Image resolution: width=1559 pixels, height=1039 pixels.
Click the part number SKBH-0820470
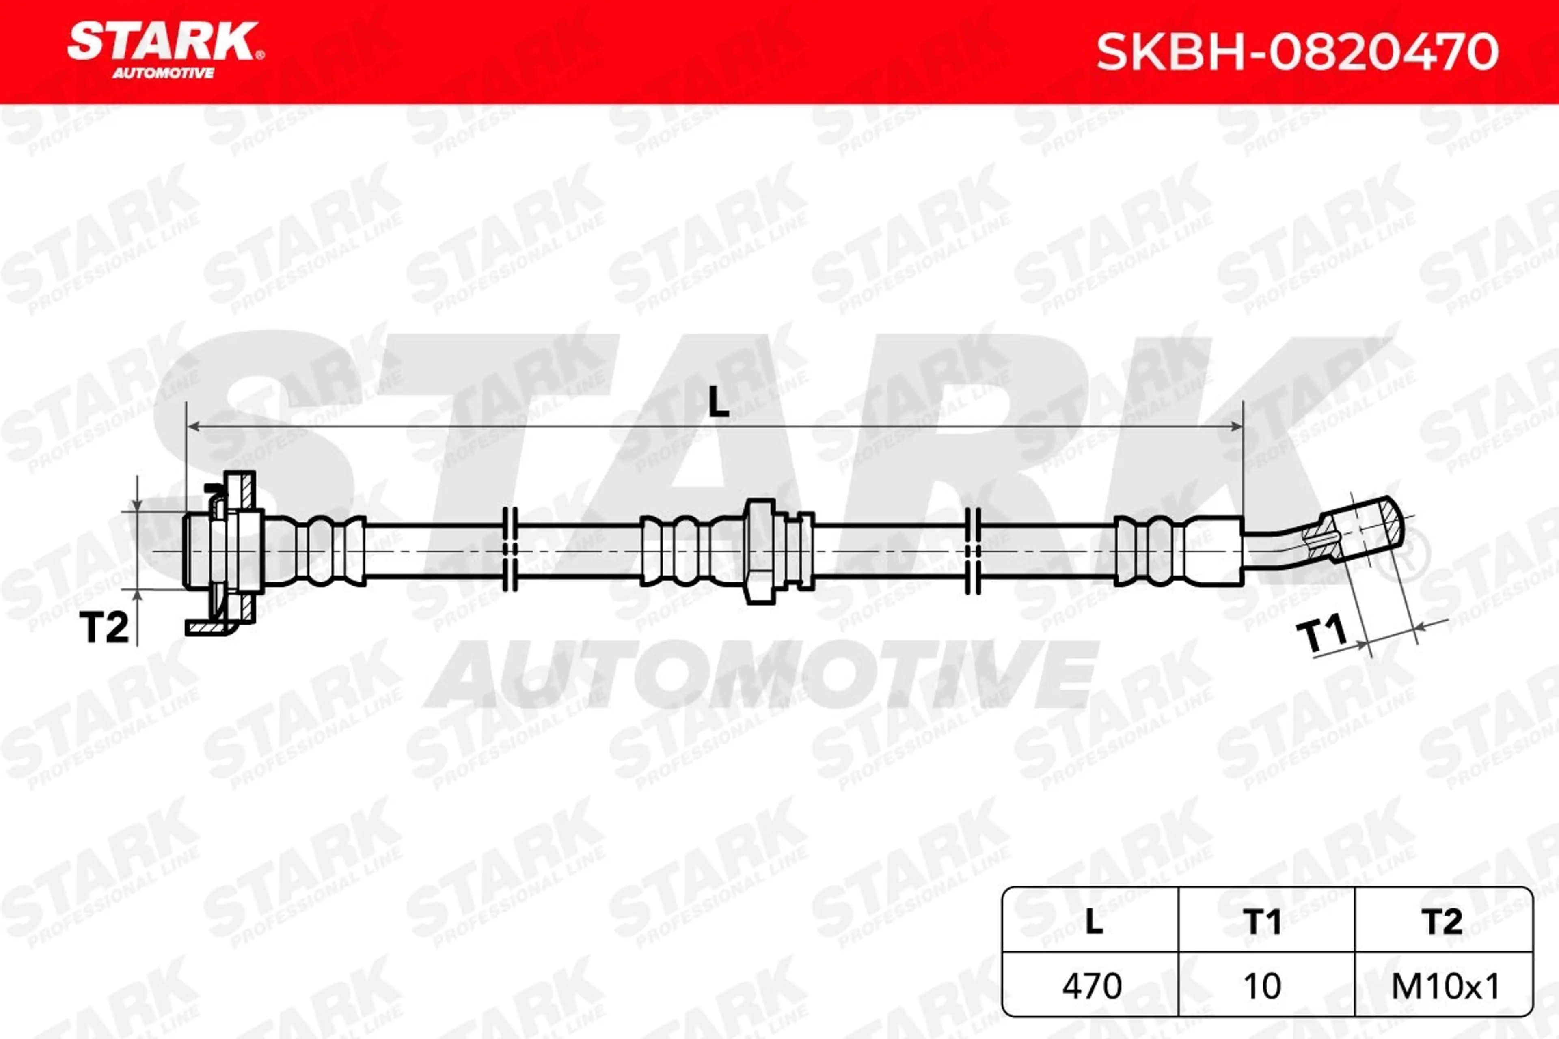(1297, 52)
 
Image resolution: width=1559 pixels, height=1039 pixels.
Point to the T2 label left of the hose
(104, 627)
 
